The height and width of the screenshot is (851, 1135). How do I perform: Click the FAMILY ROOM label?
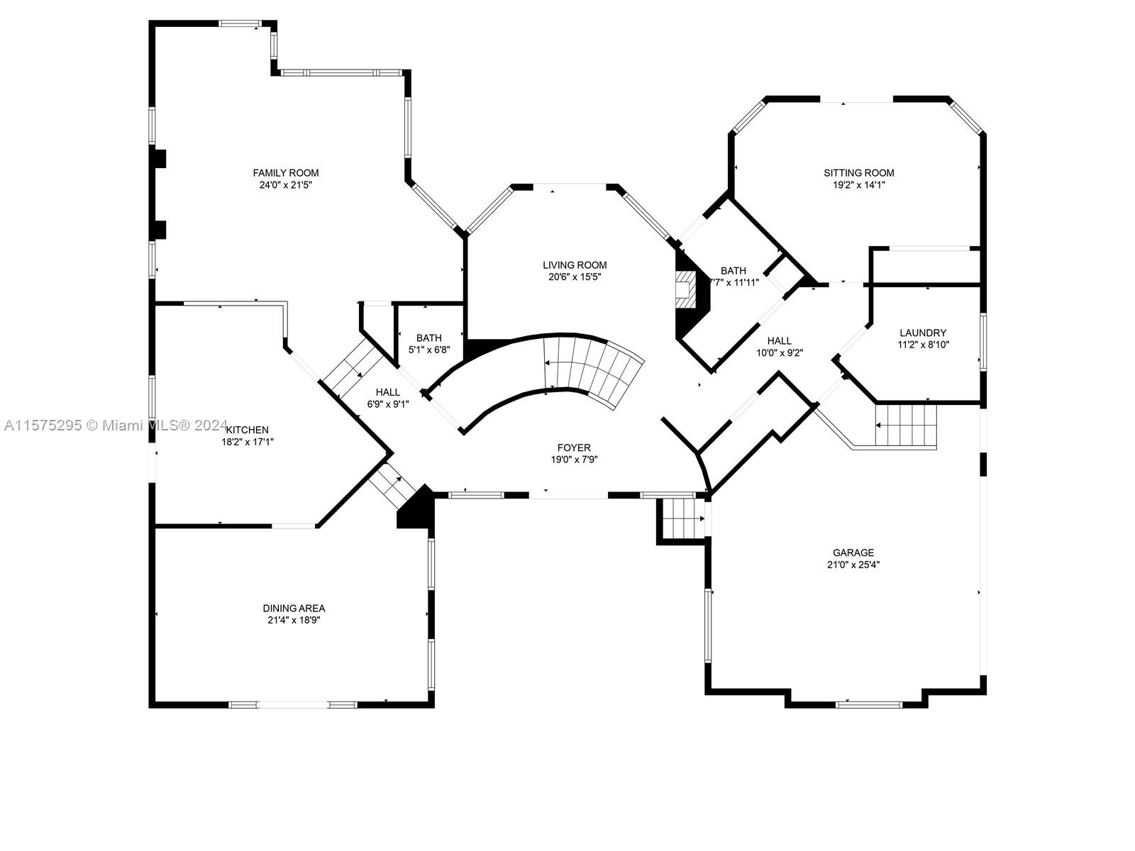pyautogui.click(x=285, y=172)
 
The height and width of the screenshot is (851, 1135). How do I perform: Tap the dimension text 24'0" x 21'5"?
pyautogui.click(x=285, y=185)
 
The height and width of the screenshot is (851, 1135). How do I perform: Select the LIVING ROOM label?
pyautogui.click(x=575, y=265)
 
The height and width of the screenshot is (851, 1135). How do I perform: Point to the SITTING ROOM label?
pyautogui.click(x=859, y=172)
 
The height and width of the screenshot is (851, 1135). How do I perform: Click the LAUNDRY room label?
pyautogui.click(x=923, y=333)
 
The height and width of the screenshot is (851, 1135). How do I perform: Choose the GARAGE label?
pyautogui.click(x=853, y=552)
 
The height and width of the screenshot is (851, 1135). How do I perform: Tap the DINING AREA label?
pyautogui.click(x=294, y=608)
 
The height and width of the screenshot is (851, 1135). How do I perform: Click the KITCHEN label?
pyautogui.click(x=248, y=430)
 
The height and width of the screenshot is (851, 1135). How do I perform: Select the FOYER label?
pyautogui.click(x=574, y=447)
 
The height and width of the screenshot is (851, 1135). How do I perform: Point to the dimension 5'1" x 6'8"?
pyautogui.click(x=429, y=350)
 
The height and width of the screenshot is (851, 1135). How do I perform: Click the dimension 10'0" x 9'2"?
pyautogui.click(x=779, y=353)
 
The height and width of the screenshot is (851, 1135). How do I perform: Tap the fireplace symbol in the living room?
pyautogui.click(x=686, y=290)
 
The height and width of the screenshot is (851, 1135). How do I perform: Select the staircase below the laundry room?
pyautogui.click(x=906, y=425)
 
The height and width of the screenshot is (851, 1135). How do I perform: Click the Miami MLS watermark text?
pyautogui.click(x=116, y=425)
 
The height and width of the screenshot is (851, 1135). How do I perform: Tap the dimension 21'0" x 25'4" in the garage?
pyautogui.click(x=853, y=564)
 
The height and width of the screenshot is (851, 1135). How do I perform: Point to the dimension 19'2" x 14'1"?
pyautogui.click(x=859, y=185)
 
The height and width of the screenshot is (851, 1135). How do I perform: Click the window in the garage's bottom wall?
pyautogui.click(x=869, y=704)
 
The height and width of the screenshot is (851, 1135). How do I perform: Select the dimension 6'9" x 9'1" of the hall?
pyautogui.click(x=388, y=404)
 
